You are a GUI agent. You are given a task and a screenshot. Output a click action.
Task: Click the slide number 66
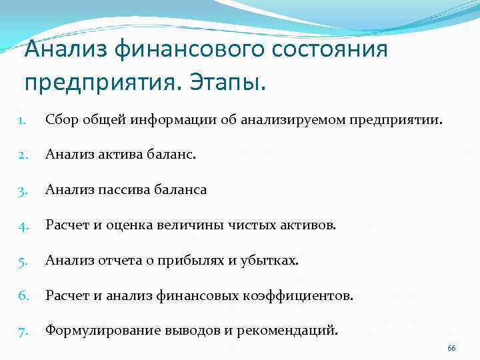451,349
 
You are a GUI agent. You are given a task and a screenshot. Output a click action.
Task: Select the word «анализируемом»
271,120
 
